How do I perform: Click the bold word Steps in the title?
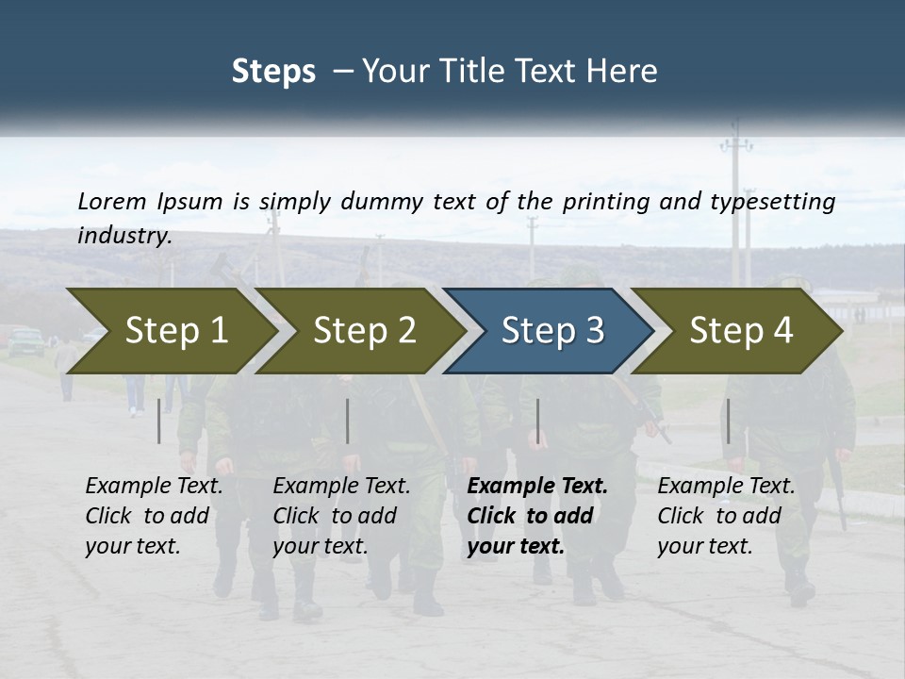[273, 72]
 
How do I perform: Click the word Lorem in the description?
[111, 201]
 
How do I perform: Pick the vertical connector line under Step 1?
[159, 421]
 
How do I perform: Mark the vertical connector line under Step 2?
[348, 421]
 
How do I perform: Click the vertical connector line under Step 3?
[537, 421]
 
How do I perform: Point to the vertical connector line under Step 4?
[728, 421]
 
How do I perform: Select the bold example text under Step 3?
[537, 516]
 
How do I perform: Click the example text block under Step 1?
[154, 516]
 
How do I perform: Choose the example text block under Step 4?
[726, 516]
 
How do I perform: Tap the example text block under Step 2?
[341, 516]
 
